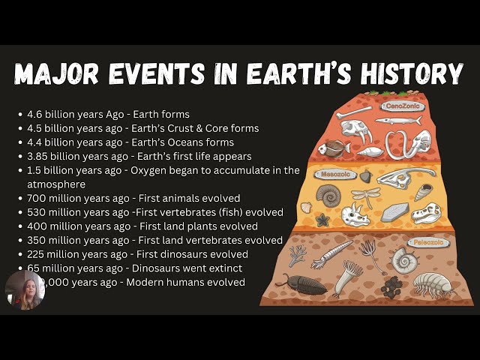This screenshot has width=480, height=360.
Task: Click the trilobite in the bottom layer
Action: [x=301, y=283]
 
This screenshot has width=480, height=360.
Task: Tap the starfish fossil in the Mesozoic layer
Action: [x=322, y=220]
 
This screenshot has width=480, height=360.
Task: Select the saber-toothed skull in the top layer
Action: [x=356, y=130]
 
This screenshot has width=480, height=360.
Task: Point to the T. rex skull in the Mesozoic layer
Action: [x=425, y=213]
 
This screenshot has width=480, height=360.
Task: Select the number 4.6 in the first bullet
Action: [x=34, y=114]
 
